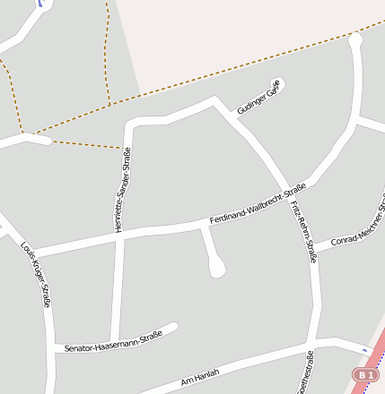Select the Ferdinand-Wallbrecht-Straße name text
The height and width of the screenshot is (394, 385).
258,204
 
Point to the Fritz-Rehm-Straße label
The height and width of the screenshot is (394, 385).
303,232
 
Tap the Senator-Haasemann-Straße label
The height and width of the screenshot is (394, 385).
114,343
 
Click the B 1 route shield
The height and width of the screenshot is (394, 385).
363,373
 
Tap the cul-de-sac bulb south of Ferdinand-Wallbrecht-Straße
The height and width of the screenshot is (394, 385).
216,268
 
